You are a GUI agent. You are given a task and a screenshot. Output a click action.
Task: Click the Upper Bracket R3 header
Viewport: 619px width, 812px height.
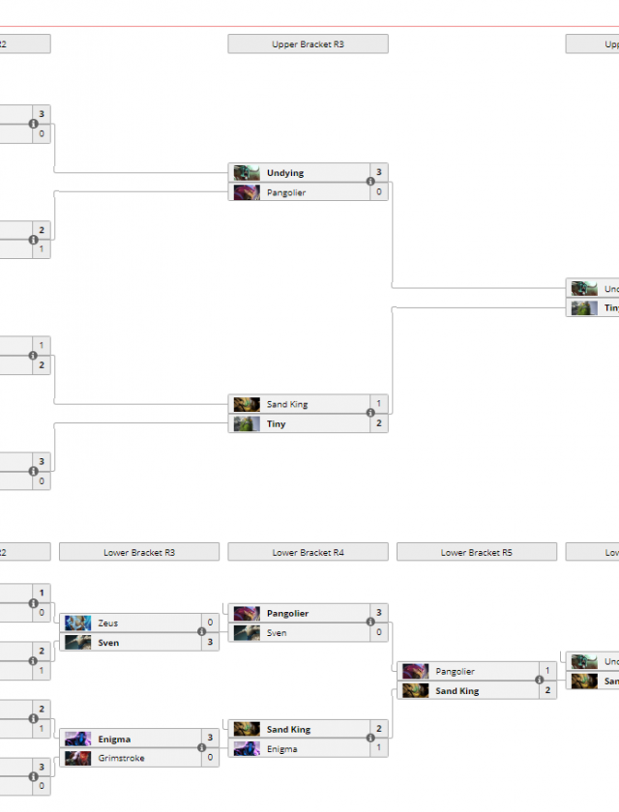[x=308, y=44]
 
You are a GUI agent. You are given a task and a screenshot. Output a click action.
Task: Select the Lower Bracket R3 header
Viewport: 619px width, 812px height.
[x=138, y=553]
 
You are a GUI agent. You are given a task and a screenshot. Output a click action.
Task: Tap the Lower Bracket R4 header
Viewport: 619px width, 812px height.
[x=308, y=553]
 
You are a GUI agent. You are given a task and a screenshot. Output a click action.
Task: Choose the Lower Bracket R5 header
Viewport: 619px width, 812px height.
[x=476, y=553]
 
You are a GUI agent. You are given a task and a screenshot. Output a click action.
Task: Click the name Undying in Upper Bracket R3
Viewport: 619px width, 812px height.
[x=285, y=173]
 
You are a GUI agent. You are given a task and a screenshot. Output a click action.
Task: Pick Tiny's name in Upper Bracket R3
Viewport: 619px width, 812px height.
[x=277, y=424]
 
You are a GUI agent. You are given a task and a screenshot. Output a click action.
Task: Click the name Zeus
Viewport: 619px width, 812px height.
[x=107, y=623]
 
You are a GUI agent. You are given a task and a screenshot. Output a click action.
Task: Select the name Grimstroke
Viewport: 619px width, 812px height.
[x=121, y=759]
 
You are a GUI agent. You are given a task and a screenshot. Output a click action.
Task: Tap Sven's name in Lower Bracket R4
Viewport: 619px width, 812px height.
[x=278, y=633]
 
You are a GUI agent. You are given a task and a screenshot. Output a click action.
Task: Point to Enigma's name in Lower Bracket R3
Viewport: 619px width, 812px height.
[x=114, y=739]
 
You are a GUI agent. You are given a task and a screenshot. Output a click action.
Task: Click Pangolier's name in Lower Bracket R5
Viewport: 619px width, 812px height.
[x=455, y=672]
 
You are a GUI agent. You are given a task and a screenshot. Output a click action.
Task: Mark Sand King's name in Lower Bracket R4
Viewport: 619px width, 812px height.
[x=288, y=730]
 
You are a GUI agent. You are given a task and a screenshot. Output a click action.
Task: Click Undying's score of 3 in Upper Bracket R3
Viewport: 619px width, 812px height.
[x=378, y=173]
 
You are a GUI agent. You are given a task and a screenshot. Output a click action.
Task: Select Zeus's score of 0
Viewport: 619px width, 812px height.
[x=210, y=623]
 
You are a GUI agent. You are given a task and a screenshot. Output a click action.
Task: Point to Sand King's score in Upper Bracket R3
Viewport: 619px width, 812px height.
[x=378, y=404]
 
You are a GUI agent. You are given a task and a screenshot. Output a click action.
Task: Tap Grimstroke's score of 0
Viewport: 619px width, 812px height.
[x=210, y=759]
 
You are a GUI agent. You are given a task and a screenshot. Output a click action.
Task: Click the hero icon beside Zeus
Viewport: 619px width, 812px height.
[x=78, y=623]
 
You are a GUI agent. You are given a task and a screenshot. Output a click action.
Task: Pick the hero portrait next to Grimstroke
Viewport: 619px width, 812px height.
[x=78, y=759]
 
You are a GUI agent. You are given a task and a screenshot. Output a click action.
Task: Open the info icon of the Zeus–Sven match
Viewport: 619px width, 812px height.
[x=202, y=632]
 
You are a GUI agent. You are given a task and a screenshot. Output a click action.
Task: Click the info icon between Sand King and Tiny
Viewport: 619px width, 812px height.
[x=370, y=414]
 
